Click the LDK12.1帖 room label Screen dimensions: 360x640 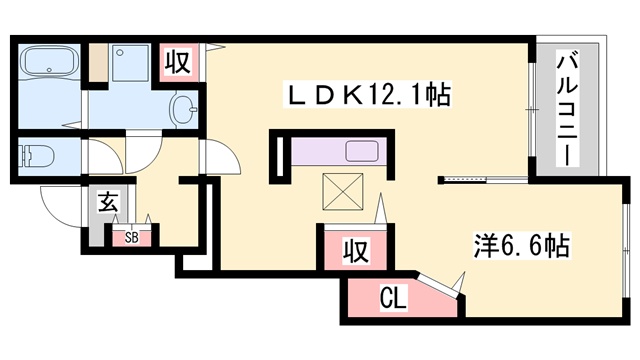pos(369,96)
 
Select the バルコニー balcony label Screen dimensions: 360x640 pos(564,109)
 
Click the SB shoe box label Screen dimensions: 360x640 pos(131,238)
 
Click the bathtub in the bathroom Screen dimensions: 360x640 pos(48,62)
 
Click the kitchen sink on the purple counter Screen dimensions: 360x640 pos(361,153)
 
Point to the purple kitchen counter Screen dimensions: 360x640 pos(320,153)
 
